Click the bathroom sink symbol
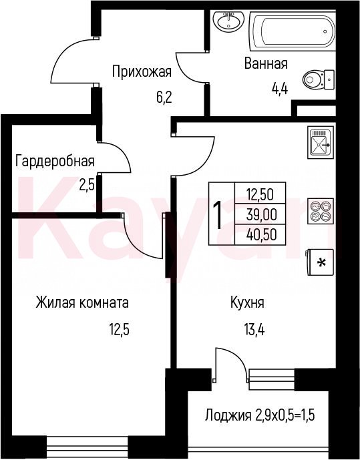point(229,21)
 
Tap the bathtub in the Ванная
point(293,31)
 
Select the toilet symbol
point(319,79)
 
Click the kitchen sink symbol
point(321,142)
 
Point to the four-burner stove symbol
point(321,211)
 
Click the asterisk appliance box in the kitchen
point(321,262)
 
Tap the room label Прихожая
point(142,72)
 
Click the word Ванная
point(266,63)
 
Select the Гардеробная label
point(55,161)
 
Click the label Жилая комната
point(82,302)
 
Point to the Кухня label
point(247,302)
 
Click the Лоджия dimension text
point(260,415)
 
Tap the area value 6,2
point(164,97)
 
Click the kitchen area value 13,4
point(254,330)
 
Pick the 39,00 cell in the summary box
point(261,215)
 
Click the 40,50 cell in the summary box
point(261,235)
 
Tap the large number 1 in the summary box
point(218,214)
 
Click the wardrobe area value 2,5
point(87,185)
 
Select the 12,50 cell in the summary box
point(260,194)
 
